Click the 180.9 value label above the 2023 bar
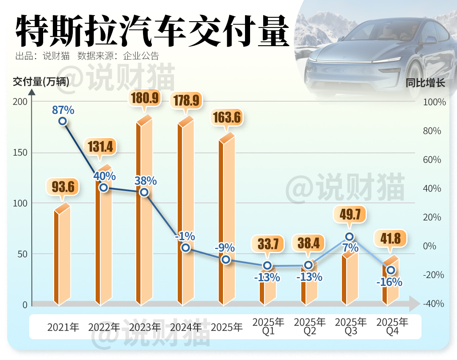[145, 98]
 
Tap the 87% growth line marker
[63, 121]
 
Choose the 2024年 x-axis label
[186, 327]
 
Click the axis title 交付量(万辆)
[41, 82]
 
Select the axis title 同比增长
[425, 83]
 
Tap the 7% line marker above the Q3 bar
[350, 237]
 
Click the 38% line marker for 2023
[144, 192]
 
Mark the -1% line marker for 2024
[185, 248]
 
